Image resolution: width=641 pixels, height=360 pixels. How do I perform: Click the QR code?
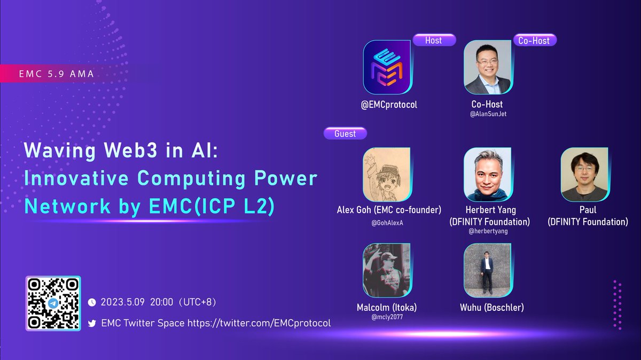(53, 303)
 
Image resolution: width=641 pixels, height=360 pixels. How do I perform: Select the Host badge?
(434, 40)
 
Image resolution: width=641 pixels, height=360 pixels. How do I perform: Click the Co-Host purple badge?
(534, 40)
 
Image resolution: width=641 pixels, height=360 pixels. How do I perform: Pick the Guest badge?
(345, 134)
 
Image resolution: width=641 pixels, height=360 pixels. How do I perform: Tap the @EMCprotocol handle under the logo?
(389, 105)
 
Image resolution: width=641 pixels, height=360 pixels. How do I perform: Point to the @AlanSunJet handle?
(487, 114)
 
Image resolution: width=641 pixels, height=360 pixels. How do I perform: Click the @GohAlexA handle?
(387, 223)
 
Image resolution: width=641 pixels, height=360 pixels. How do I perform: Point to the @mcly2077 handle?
(387, 317)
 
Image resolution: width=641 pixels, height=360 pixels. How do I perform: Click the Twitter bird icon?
(91, 324)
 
